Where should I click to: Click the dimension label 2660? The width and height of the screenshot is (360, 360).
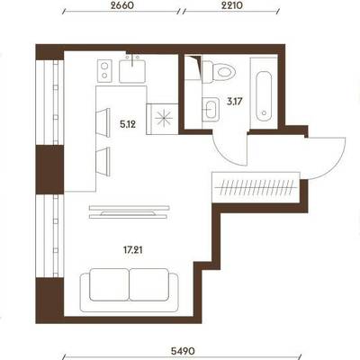[x=121, y=5]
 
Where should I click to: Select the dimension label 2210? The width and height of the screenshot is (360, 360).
[x=231, y=5]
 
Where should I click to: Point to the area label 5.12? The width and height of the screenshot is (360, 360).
[x=128, y=124]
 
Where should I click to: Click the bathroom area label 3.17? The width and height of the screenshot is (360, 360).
[x=234, y=102]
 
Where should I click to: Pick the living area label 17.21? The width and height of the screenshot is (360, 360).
[x=132, y=249]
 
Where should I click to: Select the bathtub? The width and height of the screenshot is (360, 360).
[x=264, y=95]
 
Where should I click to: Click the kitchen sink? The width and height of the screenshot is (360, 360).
[x=132, y=71]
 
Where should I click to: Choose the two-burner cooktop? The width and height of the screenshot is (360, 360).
[x=104, y=70]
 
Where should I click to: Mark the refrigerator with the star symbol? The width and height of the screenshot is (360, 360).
[x=163, y=119]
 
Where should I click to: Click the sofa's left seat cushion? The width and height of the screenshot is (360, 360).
[x=109, y=284]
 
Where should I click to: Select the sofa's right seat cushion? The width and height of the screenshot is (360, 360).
[x=149, y=284]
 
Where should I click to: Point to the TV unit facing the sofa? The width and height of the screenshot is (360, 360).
[x=129, y=211]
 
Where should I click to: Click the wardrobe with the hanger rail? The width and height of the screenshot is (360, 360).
[x=256, y=187]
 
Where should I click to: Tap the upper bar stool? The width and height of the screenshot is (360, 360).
[x=103, y=123]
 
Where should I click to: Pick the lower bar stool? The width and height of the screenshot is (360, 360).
[x=103, y=161]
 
